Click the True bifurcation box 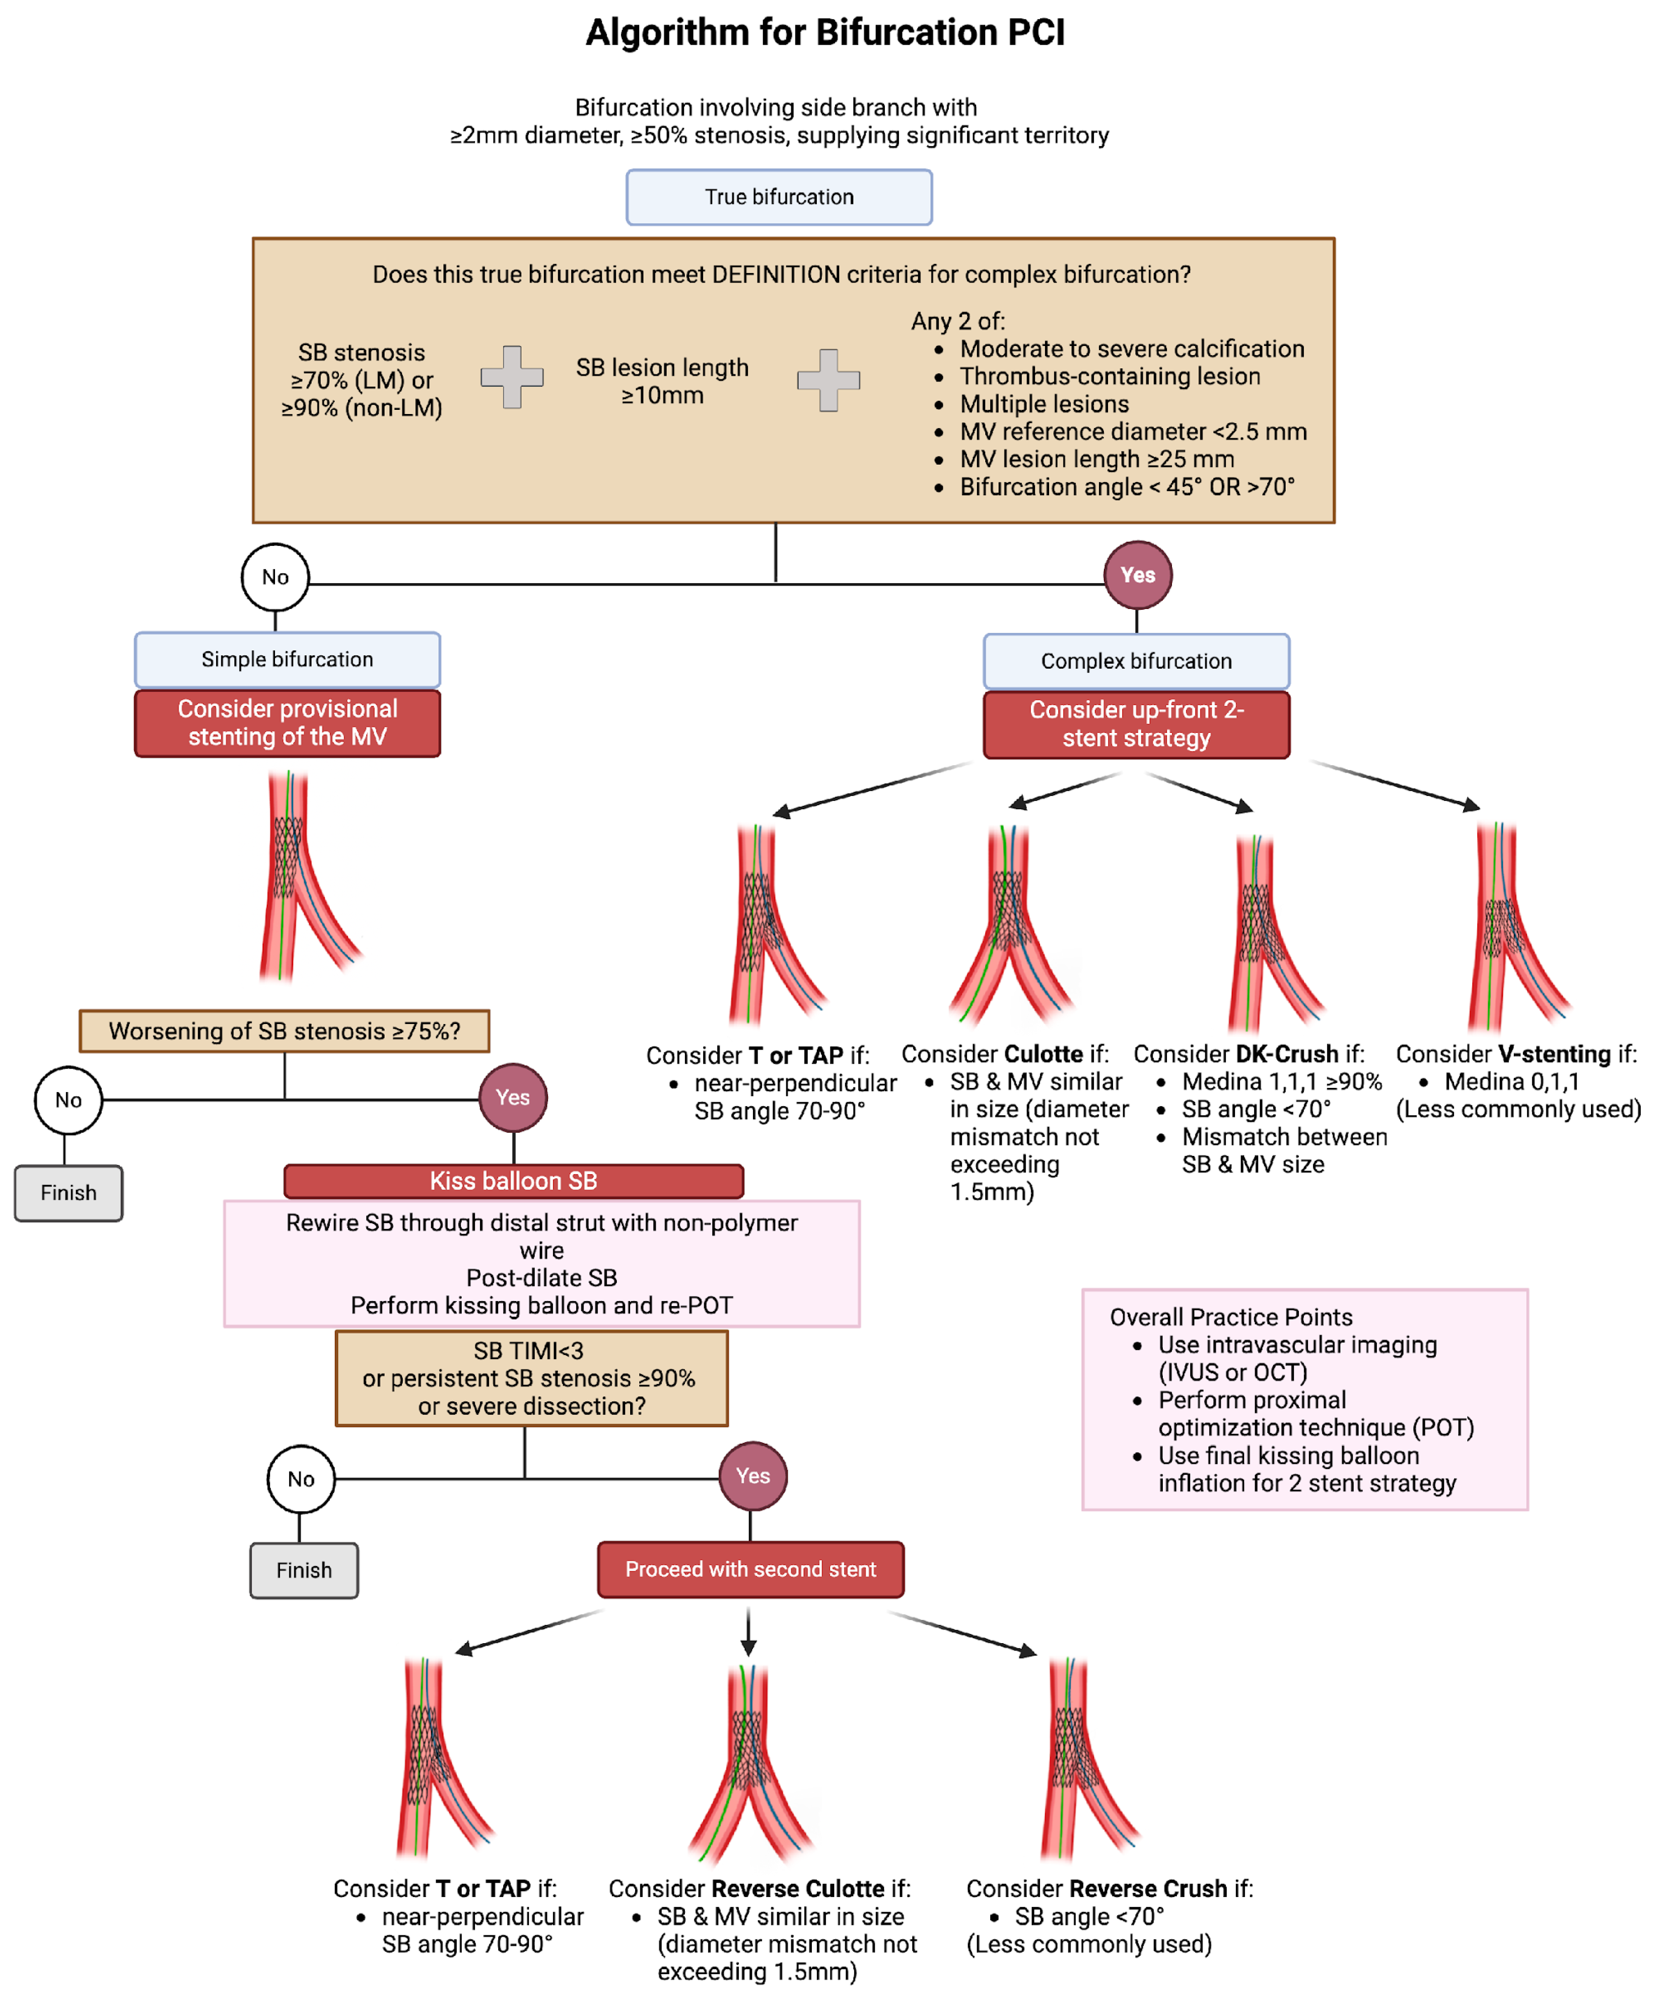pos(779,197)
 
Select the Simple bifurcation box pos(287,660)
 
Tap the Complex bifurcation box pos(1136,661)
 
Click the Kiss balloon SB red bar pos(513,1180)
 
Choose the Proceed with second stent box pos(750,1569)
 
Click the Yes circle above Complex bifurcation pos(1137,575)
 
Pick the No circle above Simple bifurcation pos(275,577)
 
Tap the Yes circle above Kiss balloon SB pos(512,1098)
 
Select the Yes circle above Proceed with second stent pos(752,1476)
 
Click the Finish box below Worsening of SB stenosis pos(68,1193)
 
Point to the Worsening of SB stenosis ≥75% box pos(284,1031)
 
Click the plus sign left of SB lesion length pos(512,377)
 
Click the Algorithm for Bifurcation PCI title pos(825,32)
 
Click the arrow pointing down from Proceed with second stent pos(748,1631)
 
